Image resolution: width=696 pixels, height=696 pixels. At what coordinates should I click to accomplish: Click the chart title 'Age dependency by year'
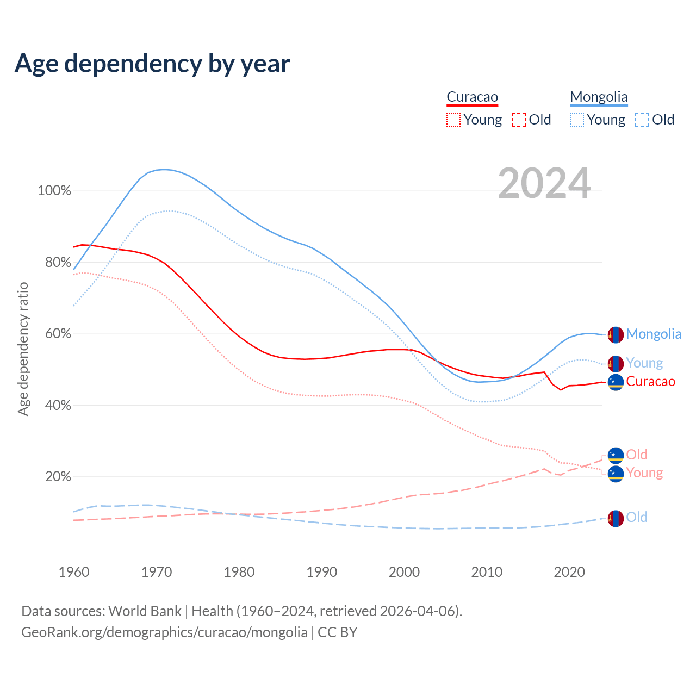click(152, 63)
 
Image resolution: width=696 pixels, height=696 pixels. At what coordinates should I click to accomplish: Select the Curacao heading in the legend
click(472, 97)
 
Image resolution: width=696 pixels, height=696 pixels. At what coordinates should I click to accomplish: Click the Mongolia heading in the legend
click(599, 97)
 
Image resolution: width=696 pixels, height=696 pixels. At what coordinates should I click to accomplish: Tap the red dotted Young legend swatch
click(453, 120)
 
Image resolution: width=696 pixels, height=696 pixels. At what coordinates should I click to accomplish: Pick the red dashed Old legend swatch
click(519, 120)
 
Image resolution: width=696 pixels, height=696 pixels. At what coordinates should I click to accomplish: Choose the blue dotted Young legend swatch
click(576, 120)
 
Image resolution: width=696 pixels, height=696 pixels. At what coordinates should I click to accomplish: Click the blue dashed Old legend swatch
click(642, 120)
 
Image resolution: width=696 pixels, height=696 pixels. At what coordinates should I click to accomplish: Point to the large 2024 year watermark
click(544, 184)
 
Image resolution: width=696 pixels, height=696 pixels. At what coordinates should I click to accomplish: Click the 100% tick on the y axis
click(54, 191)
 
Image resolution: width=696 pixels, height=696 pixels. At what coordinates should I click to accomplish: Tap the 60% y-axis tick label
click(58, 334)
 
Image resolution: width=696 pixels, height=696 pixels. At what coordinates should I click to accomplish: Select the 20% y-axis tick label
click(58, 477)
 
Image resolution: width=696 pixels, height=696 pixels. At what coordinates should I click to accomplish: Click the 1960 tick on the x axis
click(74, 572)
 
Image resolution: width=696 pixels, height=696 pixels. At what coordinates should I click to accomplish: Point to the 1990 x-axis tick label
click(322, 572)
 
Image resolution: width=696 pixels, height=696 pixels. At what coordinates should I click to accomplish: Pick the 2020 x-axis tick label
click(569, 572)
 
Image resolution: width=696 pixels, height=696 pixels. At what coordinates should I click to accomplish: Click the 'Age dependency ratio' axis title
click(23, 349)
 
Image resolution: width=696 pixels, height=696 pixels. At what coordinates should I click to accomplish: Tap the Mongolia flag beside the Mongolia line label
click(616, 334)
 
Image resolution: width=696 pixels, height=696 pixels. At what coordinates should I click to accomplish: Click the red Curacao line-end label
click(650, 382)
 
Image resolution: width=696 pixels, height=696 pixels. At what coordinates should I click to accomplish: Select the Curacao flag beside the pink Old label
click(616, 455)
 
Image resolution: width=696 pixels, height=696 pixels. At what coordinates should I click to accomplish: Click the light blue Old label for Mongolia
click(637, 517)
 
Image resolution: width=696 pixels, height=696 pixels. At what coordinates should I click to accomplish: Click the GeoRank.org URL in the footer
click(164, 632)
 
